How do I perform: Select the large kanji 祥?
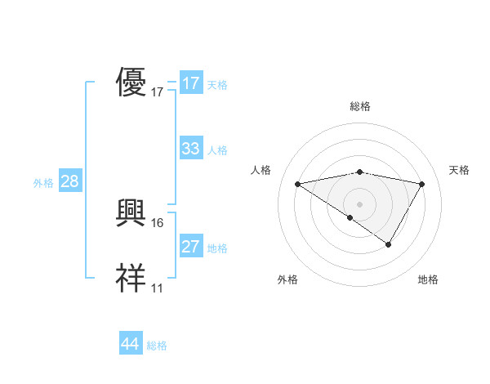tap(131, 279)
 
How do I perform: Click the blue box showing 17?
tap(190, 83)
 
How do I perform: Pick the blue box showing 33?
tap(190, 149)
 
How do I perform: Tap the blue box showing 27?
tap(190, 247)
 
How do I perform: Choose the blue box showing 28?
tap(69, 181)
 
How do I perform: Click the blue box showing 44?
tap(130, 344)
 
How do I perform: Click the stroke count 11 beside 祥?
tap(158, 288)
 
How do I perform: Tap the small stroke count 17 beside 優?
tap(158, 92)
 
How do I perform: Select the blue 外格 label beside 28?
tap(43, 183)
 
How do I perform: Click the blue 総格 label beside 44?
tap(157, 346)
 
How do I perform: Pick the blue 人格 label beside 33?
tap(217, 150)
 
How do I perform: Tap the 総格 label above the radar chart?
tap(360, 106)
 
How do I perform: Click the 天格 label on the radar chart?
tap(460, 170)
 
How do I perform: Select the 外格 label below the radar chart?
tap(287, 279)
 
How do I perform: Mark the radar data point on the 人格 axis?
tap(298, 184)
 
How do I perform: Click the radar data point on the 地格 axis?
tap(389, 244)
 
